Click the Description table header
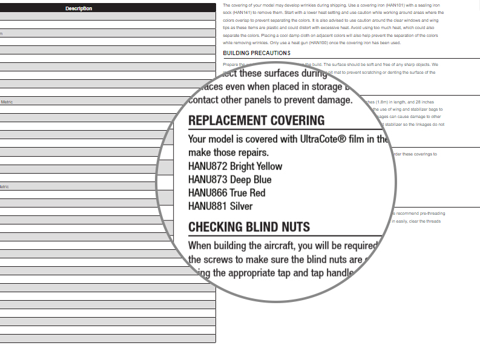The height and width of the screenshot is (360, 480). [x=79, y=8]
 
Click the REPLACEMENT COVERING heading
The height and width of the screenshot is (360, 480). [x=257, y=120]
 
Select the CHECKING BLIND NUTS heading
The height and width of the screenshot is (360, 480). [x=249, y=227]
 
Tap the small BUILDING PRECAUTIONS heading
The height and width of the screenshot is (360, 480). [x=257, y=53]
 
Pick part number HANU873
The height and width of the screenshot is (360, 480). [x=208, y=180]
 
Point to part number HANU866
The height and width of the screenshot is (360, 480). [x=208, y=193]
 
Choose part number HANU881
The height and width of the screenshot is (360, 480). [x=208, y=206]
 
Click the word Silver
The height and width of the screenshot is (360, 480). [x=241, y=206]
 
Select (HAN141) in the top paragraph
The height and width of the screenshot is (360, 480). [x=243, y=13]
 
